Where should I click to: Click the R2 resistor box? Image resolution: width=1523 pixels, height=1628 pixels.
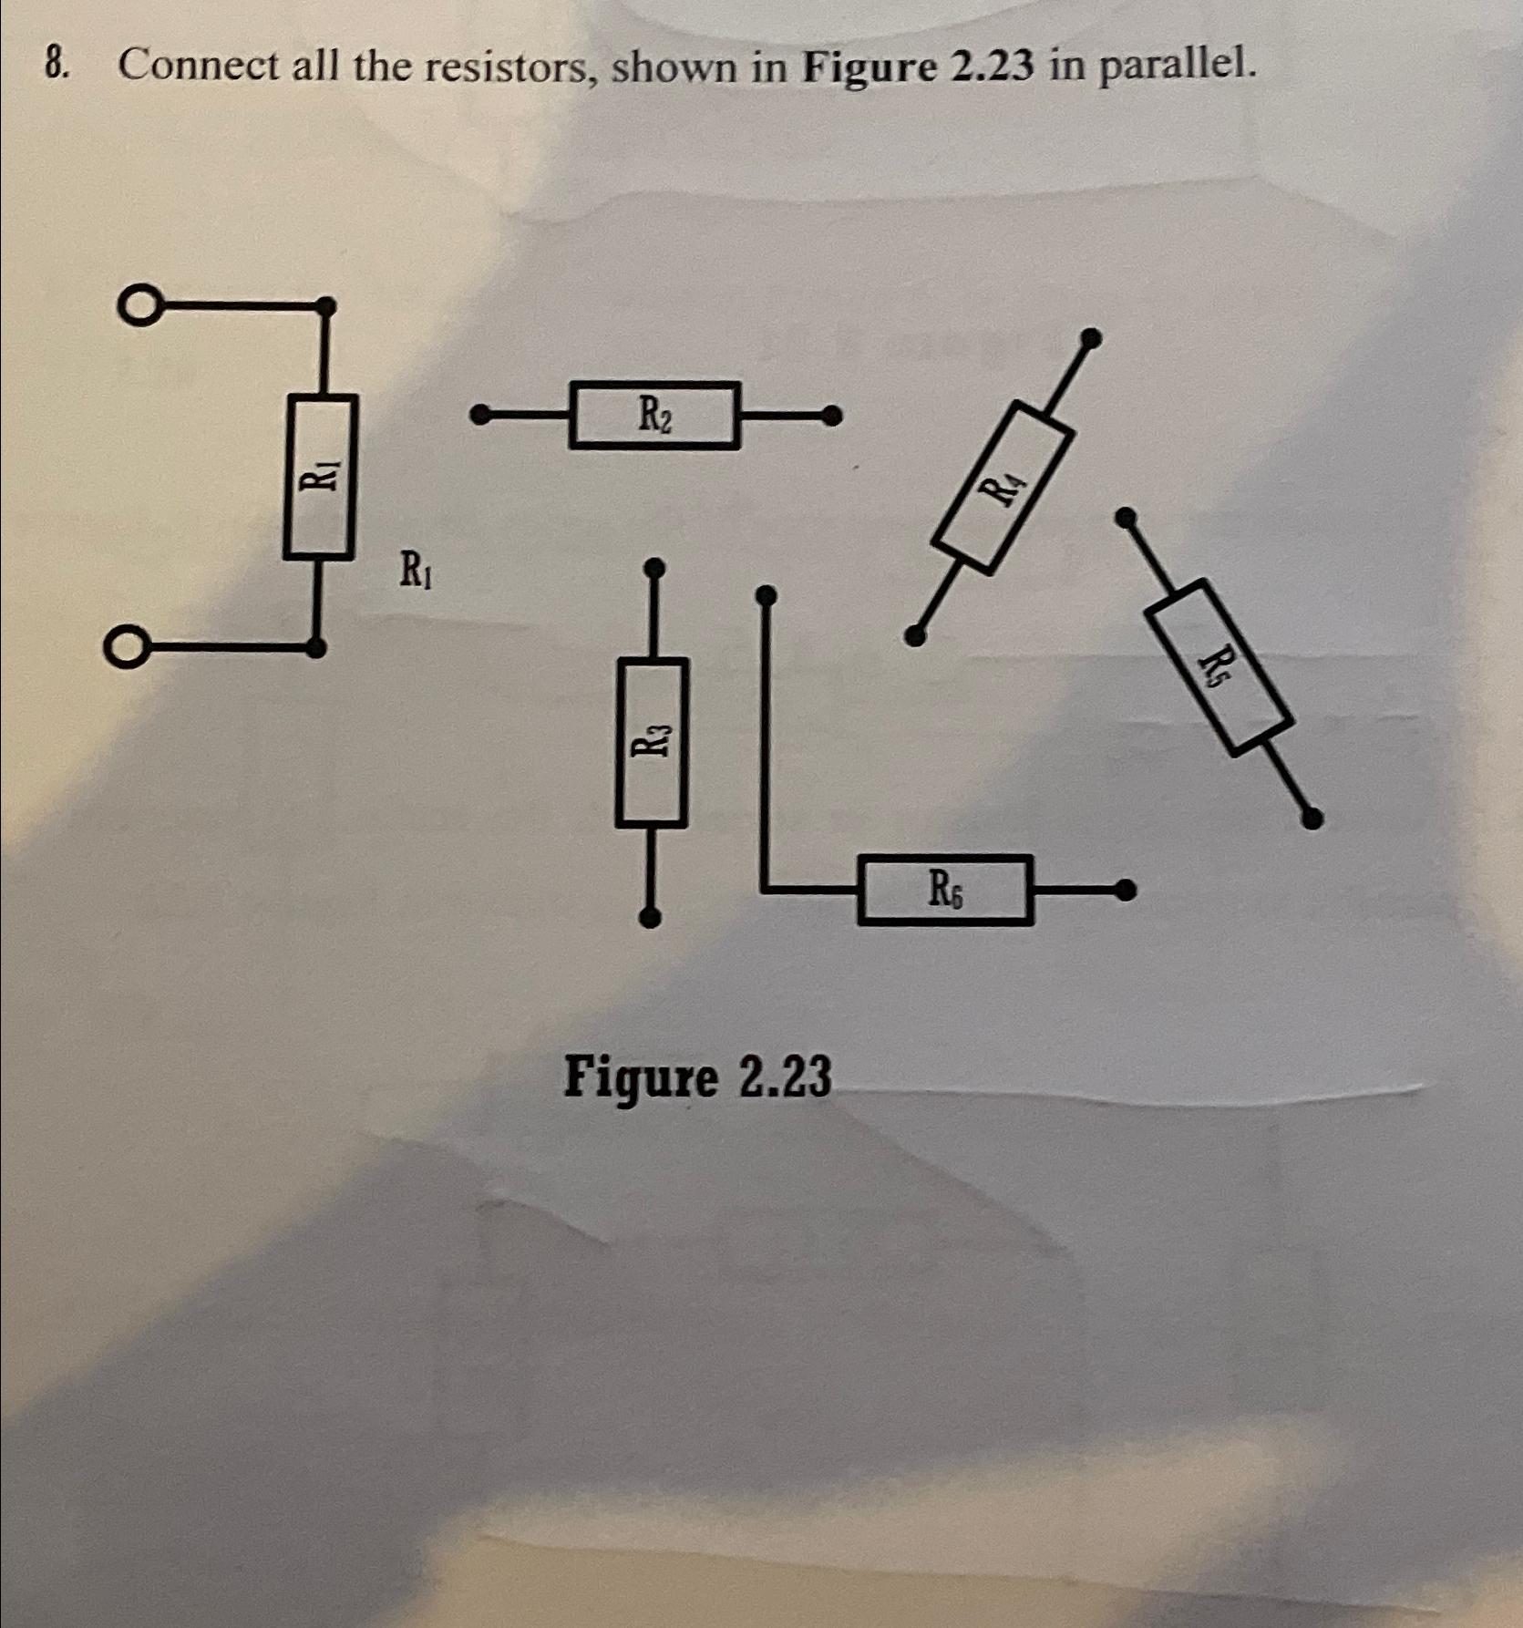click(653, 416)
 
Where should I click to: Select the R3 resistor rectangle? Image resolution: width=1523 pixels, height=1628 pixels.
click(652, 743)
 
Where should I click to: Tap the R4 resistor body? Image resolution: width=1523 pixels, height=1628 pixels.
click(1001, 488)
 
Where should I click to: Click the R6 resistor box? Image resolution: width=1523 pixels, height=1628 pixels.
click(945, 890)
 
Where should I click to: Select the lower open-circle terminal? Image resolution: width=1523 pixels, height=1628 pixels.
click(124, 649)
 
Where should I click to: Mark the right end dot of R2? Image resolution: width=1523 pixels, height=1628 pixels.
click(830, 416)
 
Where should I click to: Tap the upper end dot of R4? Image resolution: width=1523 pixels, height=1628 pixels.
click(1090, 339)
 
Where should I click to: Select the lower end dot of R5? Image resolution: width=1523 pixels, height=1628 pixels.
click(1312, 818)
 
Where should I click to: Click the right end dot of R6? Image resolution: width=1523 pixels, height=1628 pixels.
click(1127, 889)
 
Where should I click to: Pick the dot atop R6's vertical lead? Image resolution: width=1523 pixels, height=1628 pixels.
click(767, 596)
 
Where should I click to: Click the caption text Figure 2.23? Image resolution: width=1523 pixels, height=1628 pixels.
click(697, 1077)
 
